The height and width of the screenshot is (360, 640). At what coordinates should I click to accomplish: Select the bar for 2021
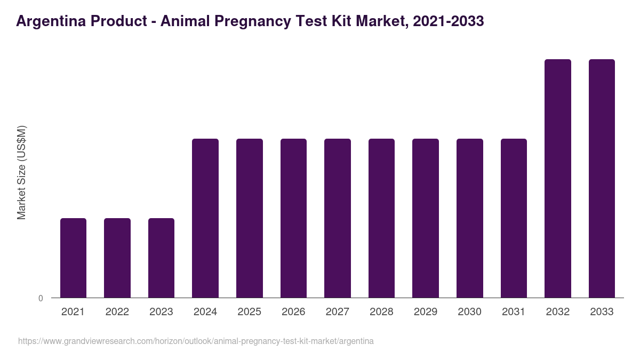pos(73,258)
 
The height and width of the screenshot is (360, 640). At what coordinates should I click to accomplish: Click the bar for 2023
pos(161,258)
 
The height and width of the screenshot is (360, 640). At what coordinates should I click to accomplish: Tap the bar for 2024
pos(205,218)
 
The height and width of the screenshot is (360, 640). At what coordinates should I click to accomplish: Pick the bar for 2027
pos(338,218)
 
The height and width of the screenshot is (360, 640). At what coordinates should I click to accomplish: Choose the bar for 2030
pos(470,218)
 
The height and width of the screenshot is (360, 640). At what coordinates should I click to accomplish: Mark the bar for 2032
pos(558,178)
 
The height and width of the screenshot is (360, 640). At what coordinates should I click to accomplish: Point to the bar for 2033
pos(602,178)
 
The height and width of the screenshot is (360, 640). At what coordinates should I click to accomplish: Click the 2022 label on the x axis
pos(117,312)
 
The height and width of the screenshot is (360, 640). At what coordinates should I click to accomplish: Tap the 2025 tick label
pos(249,312)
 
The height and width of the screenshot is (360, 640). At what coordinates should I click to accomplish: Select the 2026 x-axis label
pos(293,312)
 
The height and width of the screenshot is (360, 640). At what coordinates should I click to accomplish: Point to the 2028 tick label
pos(381,312)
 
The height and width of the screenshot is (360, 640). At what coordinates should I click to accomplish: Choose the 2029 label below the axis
pos(426,312)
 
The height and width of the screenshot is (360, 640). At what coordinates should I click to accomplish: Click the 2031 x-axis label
pos(514,312)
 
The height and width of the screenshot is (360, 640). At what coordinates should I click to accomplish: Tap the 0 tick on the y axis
pos(41,298)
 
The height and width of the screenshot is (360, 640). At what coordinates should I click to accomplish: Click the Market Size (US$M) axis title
pos(21,172)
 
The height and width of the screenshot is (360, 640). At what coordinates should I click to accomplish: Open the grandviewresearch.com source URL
pos(196,341)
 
